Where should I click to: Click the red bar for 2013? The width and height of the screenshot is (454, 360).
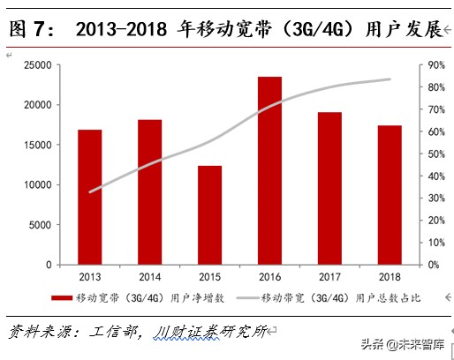point(90,197)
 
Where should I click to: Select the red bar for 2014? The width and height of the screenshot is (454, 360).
point(149,191)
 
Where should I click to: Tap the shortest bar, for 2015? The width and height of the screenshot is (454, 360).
point(209,214)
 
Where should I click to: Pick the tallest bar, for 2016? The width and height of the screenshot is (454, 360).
point(269,170)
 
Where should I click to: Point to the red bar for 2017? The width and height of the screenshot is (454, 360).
point(329,188)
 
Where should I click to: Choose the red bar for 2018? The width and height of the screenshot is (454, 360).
point(390,194)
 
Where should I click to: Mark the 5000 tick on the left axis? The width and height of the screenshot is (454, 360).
point(39,225)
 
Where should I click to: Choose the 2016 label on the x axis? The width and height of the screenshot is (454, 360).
point(269,277)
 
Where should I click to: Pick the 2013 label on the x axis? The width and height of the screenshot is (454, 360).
point(90,277)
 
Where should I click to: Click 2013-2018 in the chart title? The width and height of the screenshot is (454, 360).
point(125,31)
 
